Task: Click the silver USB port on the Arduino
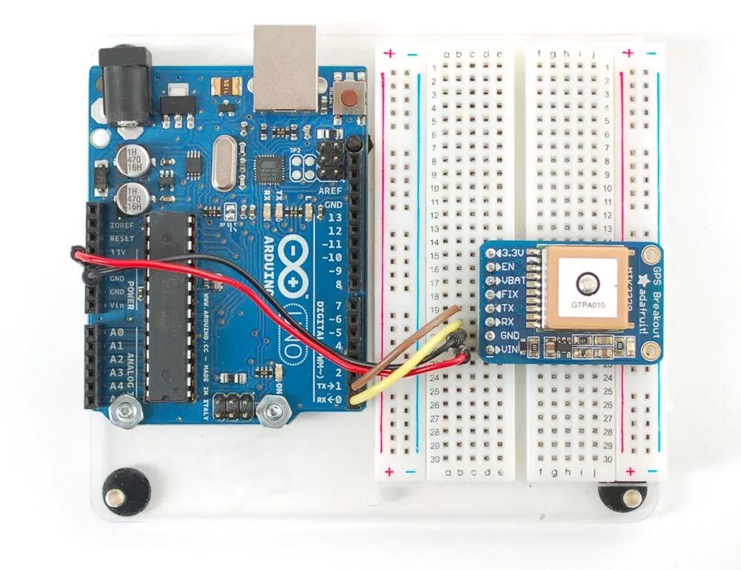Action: pyautogui.click(x=285, y=67)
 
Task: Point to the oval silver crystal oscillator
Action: pyautogui.click(x=222, y=164)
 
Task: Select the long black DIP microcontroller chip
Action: pyautogui.click(x=169, y=308)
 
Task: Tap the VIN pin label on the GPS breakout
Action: pyautogui.click(x=511, y=348)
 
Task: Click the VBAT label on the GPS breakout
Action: pyautogui.click(x=512, y=280)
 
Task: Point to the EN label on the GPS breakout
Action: pyautogui.click(x=508, y=266)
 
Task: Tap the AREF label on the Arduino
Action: pyautogui.click(x=330, y=190)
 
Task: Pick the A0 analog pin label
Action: pyautogui.click(x=115, y=333)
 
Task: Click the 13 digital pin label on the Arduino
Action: pyautogui.click(x=336, y=217)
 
